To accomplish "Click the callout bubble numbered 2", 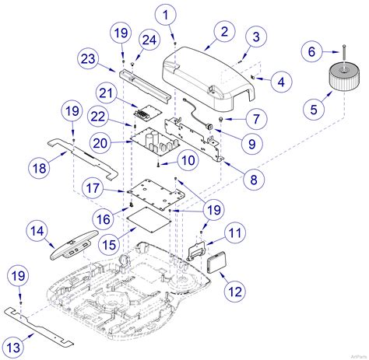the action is pyautogui.click(x=224, y=31).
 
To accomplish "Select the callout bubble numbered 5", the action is pyautogui.click(x=314, y=109).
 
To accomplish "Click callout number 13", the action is pyautogui.click(x=13, y=347).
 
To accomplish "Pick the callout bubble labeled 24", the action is pyautogui.click(x=149, y=40).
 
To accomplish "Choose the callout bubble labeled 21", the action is pyautogui.click(x=107, y=93).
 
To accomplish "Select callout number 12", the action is pyautogui.click(x=235, y=292).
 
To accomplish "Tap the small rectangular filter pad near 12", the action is pyautogui.click(x=216, y=262).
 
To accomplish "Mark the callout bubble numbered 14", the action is pyautogui.click(x=37, y=231).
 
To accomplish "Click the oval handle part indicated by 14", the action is pyautogui.click(x=74, y=245).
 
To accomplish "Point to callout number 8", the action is pyautogui.click(x=254, y=180).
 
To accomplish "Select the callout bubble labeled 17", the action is pyautogui.click(x=93, y=187).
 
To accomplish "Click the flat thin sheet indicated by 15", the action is pyautogui.click(x=149, y=220).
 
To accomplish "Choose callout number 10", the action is pyautogui.click(x=188, y=160).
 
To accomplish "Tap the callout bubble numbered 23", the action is pyautogui.click(x=88, y=58).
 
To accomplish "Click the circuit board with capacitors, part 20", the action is pyautogui.click(x=155, y=143).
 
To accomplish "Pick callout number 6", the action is pyautogui.click(x=312, y=51).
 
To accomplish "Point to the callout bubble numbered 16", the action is pyautogui.click(x=104, y=219).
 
